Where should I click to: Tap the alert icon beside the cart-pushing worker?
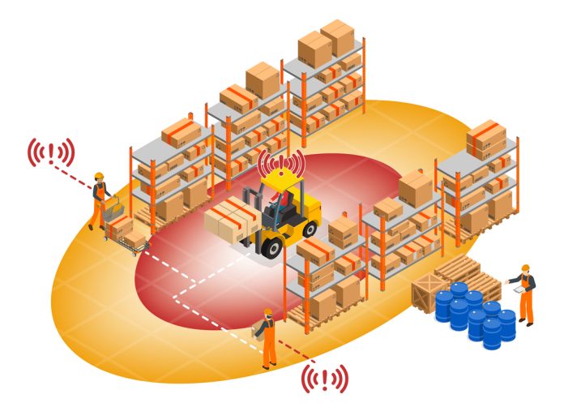(x=51, y=152)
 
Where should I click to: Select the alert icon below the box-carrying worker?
(x=325, y=378)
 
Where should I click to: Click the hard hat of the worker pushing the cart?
(x=99, y=176)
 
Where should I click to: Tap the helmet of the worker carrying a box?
(x=268, y=311)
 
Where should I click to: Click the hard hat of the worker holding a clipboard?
(x=525, y=268)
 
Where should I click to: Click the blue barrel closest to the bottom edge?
(x=492, y=332)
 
